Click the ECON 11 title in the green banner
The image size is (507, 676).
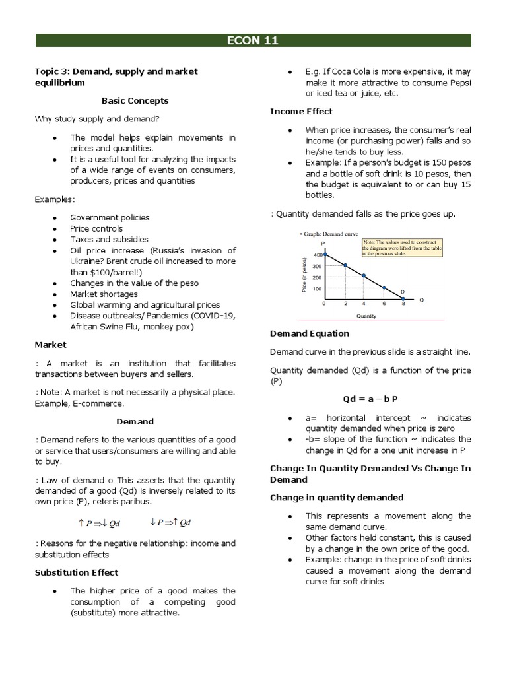click(x=253, y=41)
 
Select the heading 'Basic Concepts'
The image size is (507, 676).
click(x=135, y=101)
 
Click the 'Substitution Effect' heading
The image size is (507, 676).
click(x=77, y=572)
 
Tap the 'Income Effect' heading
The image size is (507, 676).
click(x=301, y=112)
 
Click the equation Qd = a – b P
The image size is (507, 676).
click(x=370, y=400)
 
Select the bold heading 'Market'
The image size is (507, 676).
click(x=50, y=345)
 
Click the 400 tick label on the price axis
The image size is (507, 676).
click(x=318, y=255)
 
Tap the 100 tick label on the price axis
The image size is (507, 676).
click(x=318, y=288)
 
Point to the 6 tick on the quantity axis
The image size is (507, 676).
click(x=384, y=304)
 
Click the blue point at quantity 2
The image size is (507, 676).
click(x=345, y=265)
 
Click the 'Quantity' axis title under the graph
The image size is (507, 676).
click(x=366, y=316)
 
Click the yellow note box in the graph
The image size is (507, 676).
click(x=402, y=248)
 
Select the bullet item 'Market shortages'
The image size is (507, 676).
click(x=104, y=294)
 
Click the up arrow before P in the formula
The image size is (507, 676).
click(x=81, y=522)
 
